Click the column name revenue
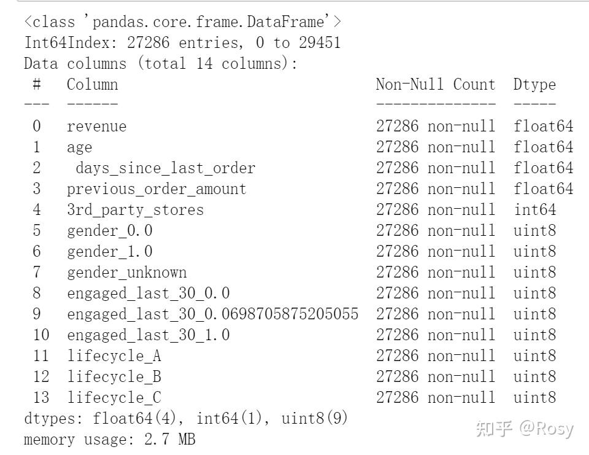click(96, 126)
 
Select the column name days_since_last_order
click(165, 168)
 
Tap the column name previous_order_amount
click(156, 189)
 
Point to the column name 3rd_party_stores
click(135, 210)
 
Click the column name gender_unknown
click(126, 273)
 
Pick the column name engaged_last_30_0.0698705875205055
click(212, 314)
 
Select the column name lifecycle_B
click(114, 377)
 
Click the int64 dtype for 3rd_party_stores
click(534, 210)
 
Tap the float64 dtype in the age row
click(543, 147)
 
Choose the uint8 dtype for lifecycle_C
click(534, 398)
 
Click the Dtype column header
click(534, 85)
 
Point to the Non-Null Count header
click(435, 85)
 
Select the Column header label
click(92, 85)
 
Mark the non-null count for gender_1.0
click(435, 252)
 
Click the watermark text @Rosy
click(547, 428)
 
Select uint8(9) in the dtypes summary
click(315, 419)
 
